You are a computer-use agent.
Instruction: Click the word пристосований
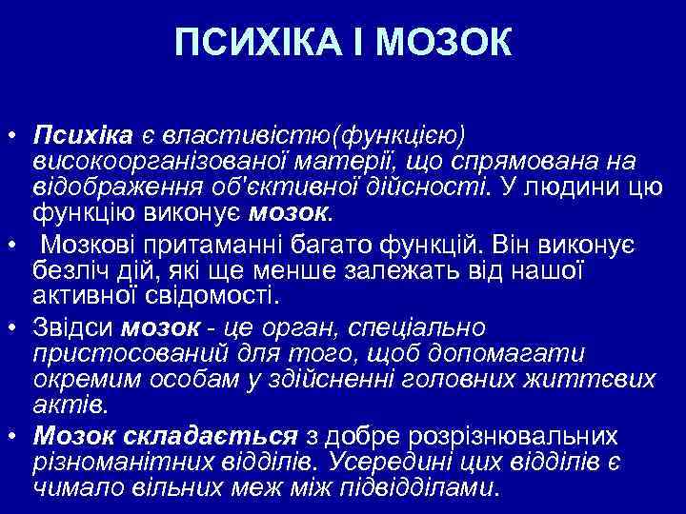110,353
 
